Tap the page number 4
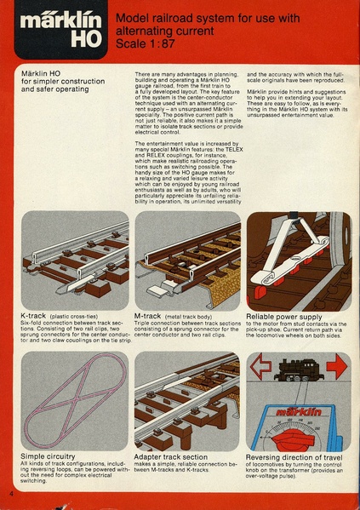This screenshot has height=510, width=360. (x=11, y=494)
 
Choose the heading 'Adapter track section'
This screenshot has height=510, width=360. (x=176, y=457)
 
